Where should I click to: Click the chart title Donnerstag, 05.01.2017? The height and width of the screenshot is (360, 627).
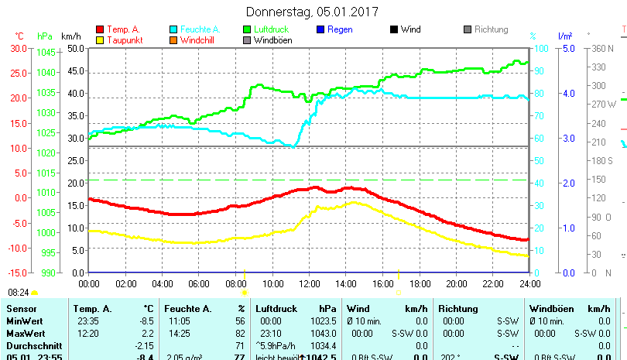click(313, 12)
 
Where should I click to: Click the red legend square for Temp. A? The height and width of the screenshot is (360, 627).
click(99, 30)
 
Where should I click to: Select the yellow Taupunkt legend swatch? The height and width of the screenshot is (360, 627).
click(99, 40)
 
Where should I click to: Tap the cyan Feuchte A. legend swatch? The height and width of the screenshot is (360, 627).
click(173, 30)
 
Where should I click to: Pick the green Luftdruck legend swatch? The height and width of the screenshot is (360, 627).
click(248, 30)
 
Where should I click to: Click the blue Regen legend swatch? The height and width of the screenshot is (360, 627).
click(321, 30)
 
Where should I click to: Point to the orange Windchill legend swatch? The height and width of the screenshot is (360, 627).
click(173, 40)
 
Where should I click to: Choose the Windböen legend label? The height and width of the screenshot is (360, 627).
click(273, 40)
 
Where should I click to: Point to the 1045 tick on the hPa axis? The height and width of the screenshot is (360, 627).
click(46, 53)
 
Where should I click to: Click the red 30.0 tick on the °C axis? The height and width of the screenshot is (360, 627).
click(18, 48)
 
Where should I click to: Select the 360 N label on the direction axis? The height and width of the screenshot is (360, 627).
click(602, 48)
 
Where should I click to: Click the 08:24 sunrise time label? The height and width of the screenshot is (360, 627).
click(19, 293)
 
